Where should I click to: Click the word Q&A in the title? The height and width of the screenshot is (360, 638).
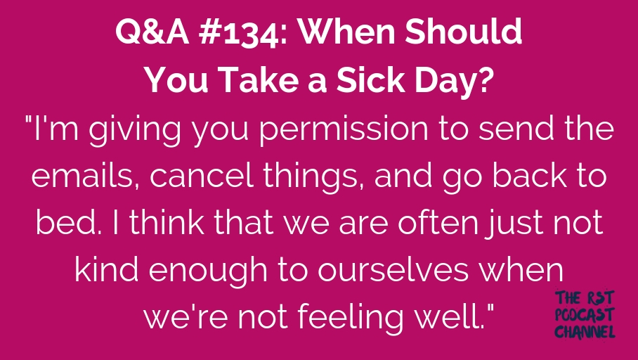pos(152,32)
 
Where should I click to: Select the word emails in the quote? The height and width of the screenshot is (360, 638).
pos(86,176)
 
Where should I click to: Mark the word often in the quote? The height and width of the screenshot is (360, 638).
pos(438,222)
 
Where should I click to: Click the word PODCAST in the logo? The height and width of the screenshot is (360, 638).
pos(585,315)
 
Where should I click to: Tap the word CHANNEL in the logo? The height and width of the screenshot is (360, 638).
pos(585,332)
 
